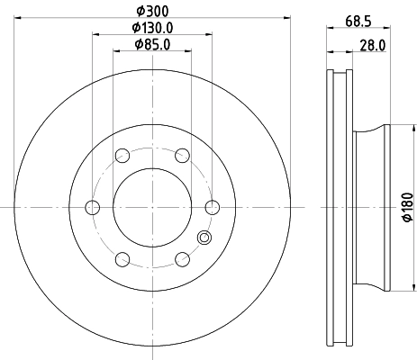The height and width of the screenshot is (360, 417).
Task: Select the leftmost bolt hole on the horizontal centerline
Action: (92, 208)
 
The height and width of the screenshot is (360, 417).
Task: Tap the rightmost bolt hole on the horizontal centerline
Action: (213, 208)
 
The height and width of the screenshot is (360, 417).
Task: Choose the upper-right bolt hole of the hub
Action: (183, 156)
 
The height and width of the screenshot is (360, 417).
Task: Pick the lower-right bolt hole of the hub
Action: (183, 260)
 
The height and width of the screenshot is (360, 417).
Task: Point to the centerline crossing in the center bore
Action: (152, 208)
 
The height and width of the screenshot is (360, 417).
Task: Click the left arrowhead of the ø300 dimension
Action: (18, 17)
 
